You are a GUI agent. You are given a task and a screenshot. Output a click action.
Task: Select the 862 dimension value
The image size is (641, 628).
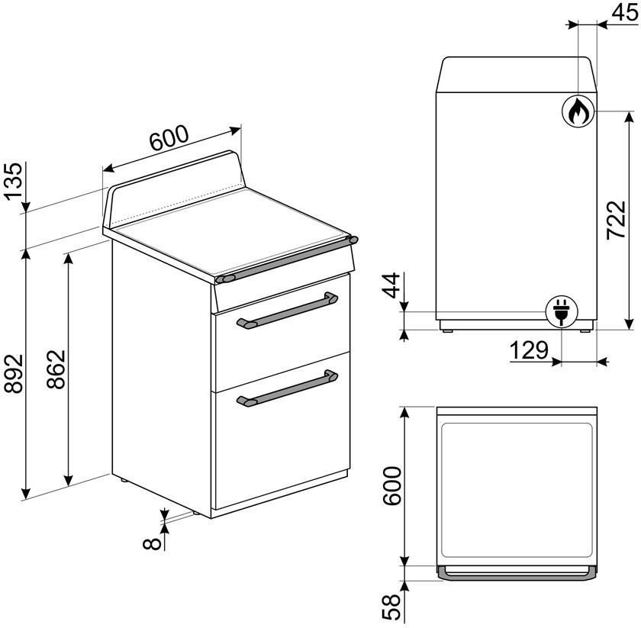click(56, 369)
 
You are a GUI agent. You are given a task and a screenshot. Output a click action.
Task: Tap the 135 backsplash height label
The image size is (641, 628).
click(13, 181)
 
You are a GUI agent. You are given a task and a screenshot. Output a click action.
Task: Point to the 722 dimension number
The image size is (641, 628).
click(616, 220)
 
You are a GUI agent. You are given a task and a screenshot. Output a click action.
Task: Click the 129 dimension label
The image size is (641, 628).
click(529, 350)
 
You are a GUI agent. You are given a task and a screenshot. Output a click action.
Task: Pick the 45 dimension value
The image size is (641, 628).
click(625, 12)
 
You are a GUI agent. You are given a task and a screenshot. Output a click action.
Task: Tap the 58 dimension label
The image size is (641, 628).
click(391, 607)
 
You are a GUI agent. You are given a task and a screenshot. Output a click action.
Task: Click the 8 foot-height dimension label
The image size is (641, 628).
click(152, 543)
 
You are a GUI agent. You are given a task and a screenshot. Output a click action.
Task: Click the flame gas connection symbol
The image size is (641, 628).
click(577, 111)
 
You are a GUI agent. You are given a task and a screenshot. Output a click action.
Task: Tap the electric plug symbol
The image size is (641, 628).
click(562, 311)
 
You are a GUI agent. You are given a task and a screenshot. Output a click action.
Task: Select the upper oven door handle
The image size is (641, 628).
click(287, 311)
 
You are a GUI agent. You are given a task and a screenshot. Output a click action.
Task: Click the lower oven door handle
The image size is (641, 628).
click(287, 388)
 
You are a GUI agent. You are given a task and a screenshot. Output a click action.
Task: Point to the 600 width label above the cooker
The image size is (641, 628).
click(169, 138)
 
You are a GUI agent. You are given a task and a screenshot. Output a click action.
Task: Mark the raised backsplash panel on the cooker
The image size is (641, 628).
click(174, 189)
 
